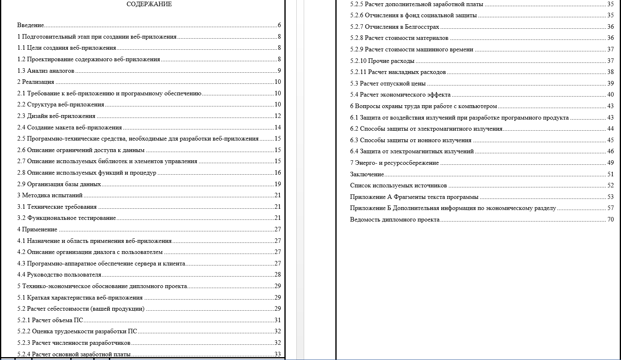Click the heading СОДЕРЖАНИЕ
coord(149,5)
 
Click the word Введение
coord(30,25)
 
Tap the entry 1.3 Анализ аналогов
coord(46,71)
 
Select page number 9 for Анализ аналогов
coord(279,71)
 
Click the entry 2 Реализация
coord(35,82)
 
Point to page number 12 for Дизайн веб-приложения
coord(277,116)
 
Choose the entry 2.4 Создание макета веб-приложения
coord(69,127)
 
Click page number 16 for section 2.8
coord(277,173)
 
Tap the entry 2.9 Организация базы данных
coord(59,184)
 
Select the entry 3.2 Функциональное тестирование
coord(67,218)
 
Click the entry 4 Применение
coord(37,230)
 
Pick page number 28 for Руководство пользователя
coord(277,275)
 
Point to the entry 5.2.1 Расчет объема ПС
coord(50,321)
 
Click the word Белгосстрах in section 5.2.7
coord(422,27)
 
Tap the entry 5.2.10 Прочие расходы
coord(382,61)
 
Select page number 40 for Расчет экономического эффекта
coord(610,95)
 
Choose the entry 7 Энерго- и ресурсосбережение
coord(394,163)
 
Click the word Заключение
coord(367,175)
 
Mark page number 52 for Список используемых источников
coord(610,186)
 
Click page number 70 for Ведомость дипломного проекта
coord(610,220)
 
